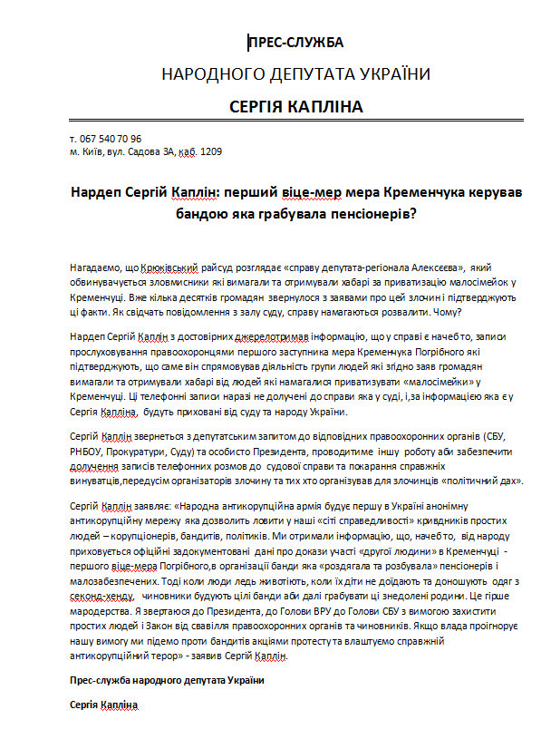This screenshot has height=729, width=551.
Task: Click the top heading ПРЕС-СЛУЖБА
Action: tap(296, 42)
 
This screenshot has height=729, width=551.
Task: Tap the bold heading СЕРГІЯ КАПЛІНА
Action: tap(295, 107)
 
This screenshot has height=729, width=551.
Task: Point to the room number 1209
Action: tap(210, 151)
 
